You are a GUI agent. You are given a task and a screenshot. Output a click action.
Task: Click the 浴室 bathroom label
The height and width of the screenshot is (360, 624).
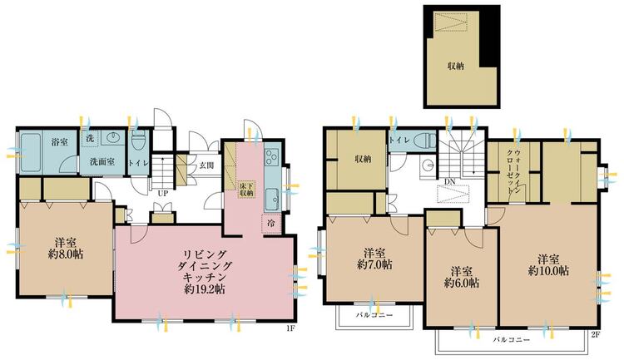tap(59, 141)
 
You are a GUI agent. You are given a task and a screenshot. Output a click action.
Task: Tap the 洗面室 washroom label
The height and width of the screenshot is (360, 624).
tap(102, 161)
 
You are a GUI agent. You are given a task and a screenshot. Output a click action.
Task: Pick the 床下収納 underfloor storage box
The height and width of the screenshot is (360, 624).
tap(246, 189)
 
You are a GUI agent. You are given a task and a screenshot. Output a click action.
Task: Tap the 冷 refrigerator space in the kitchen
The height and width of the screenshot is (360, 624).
tap(270, 223)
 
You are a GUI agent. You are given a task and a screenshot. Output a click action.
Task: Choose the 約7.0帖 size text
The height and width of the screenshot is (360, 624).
tap(371, 266)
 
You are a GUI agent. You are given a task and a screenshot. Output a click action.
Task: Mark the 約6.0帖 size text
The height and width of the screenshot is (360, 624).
tap(460, 284)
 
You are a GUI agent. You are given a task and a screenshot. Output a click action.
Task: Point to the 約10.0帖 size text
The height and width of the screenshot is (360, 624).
tap(548, 271)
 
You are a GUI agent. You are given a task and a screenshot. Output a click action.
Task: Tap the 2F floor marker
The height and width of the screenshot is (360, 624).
tap(595, 334)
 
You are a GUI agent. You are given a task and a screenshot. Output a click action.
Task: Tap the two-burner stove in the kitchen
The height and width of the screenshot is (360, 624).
tap(272, 158)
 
